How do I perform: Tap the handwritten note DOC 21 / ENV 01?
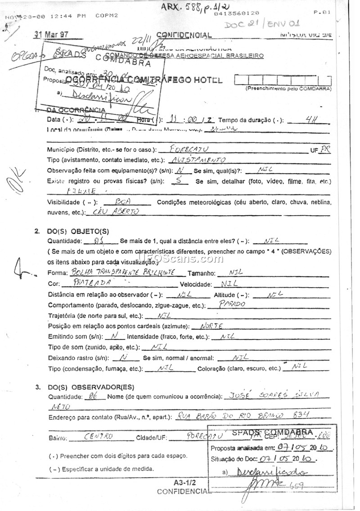click(x=262, y=23)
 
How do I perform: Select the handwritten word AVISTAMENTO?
click(x=199, y=160)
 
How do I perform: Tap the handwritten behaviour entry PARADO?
click(x=232, y=304)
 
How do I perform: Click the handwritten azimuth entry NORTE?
click(x=211, y=326)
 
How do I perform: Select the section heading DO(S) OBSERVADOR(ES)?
click(x=90, y=387)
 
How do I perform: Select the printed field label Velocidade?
click(x=196, y=284)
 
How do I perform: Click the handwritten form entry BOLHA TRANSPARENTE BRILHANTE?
click(x=126, y=273)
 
